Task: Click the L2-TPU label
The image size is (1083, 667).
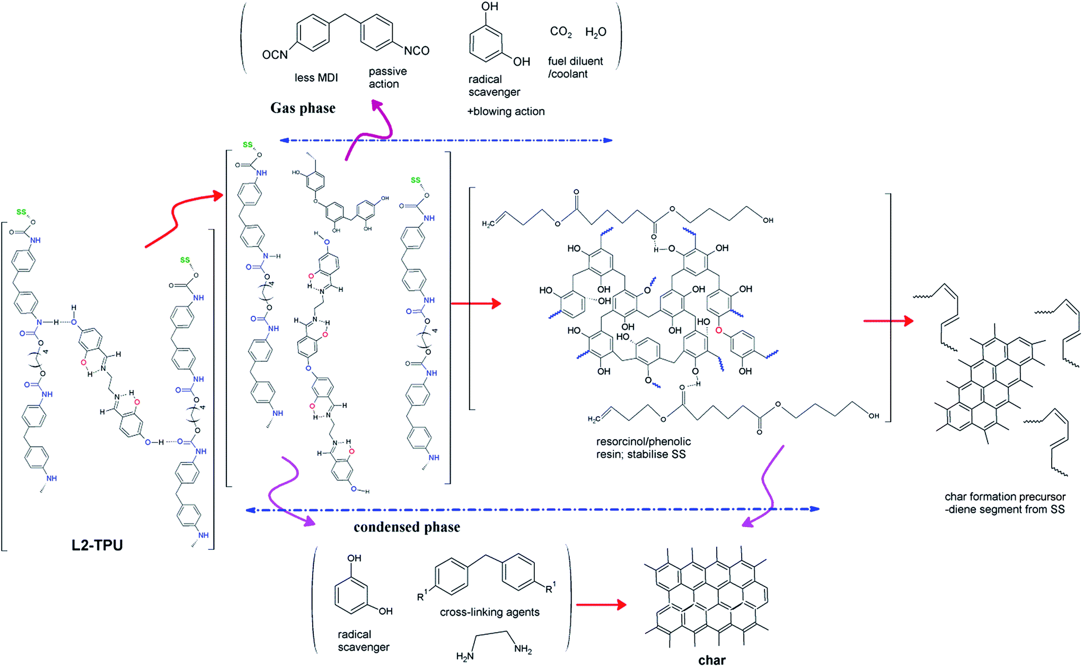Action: (x=97, y=545)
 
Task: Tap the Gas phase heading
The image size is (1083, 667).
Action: (x=303, y=108)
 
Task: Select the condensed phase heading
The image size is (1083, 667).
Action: (x=407, y=527)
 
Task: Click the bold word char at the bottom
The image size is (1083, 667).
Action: (x=711, y=660)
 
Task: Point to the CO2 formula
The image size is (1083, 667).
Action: (x=561, y=32)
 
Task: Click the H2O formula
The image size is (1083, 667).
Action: (x=596, y=33)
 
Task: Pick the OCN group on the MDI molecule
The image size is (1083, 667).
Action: (x=275, y=55)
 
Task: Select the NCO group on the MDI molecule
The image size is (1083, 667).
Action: (x=417, y=51)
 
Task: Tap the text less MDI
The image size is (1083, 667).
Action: (x=316, y=78)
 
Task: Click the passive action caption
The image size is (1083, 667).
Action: (x=388, y=78)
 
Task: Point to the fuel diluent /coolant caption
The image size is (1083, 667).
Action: (x=575, y=67)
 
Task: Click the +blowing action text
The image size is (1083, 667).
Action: (x=506, y=111)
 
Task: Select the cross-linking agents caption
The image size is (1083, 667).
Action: (x=489, y=612)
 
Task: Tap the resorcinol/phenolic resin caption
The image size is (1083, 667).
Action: (x=644, y=448)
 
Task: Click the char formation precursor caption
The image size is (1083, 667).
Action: (x=1005, y=503)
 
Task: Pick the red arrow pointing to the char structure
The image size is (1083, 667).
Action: (x=601, y=604)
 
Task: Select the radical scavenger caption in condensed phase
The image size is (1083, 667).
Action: (x=364, y=641)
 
